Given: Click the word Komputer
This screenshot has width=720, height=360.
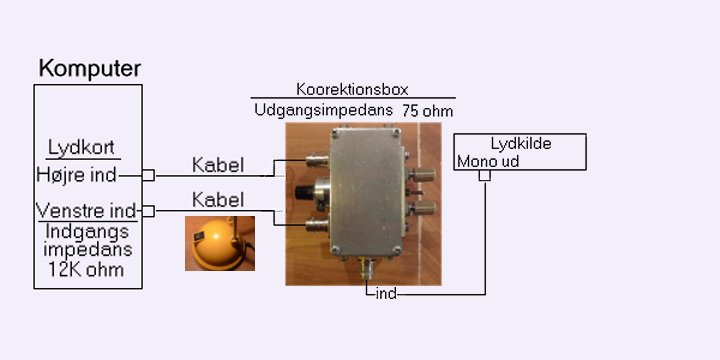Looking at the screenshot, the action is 90,69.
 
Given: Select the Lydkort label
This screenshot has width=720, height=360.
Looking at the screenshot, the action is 81,148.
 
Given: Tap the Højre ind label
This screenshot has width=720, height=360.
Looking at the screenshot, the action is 76,175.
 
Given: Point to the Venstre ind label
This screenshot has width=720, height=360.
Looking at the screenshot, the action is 86,211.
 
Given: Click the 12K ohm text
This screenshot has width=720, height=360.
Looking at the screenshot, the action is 86,270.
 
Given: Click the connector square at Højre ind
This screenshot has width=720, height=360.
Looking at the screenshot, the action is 148,175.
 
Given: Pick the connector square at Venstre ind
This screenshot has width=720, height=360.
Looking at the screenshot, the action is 148,211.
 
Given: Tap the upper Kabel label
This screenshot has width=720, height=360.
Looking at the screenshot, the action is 218,165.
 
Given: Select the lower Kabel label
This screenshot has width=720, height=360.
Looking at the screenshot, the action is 218,200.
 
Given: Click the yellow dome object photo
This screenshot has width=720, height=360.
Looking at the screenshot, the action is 220,243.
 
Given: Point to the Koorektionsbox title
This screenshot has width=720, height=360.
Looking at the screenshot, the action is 352,89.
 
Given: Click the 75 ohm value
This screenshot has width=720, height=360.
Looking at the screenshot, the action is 428,112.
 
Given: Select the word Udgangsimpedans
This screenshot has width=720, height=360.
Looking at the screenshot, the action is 323,110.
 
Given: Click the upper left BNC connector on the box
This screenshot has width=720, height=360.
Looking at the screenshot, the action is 317,161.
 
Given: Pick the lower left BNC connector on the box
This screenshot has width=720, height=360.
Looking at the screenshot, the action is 317,225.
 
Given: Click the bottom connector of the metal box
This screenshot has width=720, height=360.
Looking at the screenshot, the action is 367,268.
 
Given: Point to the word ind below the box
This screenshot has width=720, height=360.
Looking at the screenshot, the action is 386,294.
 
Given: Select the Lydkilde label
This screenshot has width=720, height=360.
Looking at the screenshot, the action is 521,144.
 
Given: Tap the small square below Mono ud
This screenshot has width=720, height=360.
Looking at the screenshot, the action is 485,175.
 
